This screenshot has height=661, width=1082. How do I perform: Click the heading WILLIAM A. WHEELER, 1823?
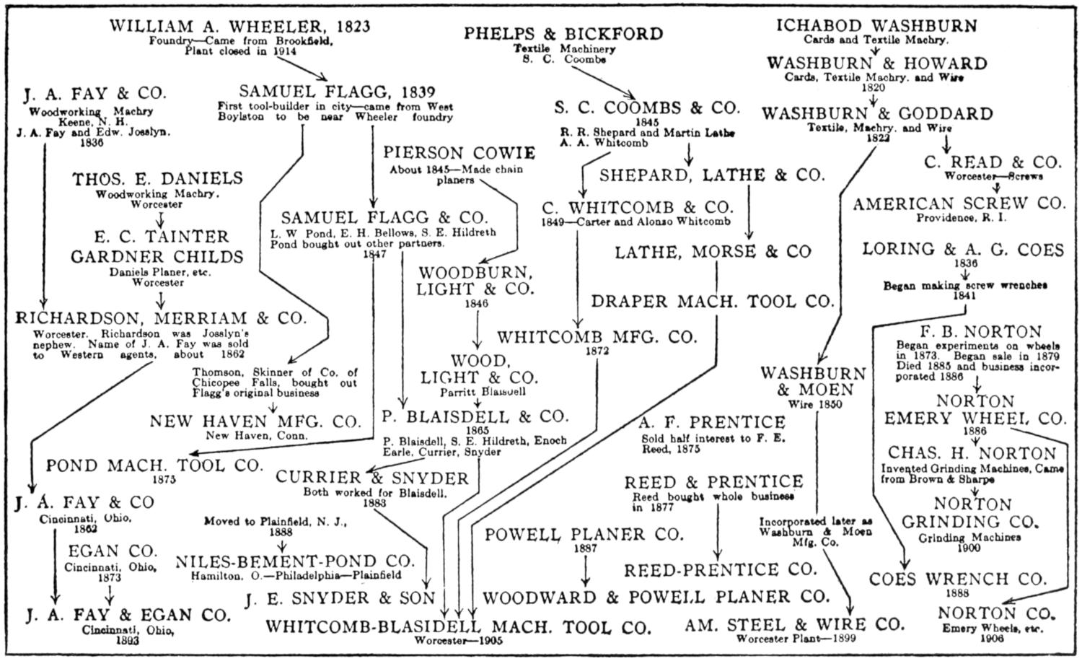(239, 27)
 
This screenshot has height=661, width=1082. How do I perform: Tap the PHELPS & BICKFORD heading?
(563, 33)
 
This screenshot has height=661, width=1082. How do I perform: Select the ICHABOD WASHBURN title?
(876, 26)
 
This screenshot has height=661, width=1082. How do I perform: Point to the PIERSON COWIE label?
(459, 153)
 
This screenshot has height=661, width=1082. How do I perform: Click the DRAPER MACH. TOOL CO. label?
(713, 301)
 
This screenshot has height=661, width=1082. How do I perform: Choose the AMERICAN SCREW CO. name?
(959, 204)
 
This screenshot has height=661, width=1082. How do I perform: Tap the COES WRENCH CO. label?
(957, 579)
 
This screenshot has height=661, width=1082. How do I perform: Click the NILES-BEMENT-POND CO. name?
(296, 561)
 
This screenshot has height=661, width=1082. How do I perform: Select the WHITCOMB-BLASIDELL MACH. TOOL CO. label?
(458, 626)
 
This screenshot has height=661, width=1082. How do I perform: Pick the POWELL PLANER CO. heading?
(584, 535)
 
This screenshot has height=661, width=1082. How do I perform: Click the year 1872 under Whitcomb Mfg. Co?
(598, 351)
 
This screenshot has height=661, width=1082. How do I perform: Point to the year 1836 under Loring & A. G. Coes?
(965, 263)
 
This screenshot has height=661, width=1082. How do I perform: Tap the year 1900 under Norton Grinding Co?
(969, 548)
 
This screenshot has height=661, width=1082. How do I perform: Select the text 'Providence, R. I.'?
(962, 217)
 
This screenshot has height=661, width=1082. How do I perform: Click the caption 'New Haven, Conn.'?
(256, 435)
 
